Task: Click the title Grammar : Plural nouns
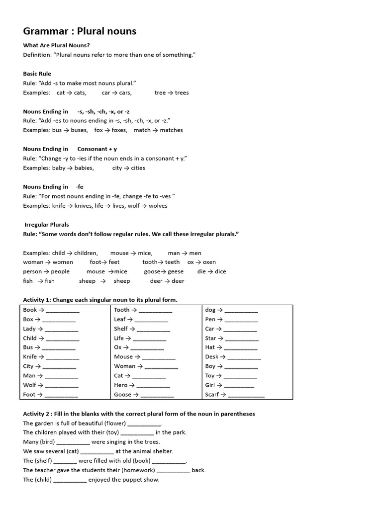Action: [80, 31]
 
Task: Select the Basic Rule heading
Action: [37, 74]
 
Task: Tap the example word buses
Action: [79, 130]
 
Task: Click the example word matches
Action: [171, 130]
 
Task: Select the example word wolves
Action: [158, 206]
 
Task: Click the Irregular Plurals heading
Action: [47, 225]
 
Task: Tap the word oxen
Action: [209, 262]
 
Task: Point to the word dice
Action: [220, 272]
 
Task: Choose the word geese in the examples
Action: [176, 272]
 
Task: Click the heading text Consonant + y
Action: [97, 149]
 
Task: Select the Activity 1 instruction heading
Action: [100, 300]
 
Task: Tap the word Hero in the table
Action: [121, 385]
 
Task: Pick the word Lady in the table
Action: [29, 329]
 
